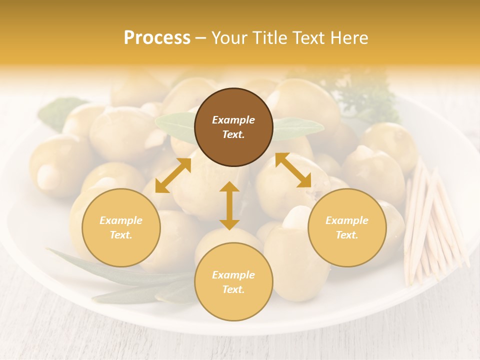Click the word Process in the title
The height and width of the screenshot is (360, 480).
[x=157, y=38]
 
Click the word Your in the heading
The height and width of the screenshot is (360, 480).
[x=230, y=38]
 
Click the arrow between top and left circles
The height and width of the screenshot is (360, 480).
[x=173, y=175]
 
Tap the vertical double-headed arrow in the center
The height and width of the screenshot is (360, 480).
[x=229, y=205]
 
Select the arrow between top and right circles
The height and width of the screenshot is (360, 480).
[x=293, y=170]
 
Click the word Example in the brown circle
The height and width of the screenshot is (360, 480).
[x=233, y=120]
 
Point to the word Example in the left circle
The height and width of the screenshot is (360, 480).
[x=121, y=220]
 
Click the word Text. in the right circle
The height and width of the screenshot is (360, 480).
[x=347, y=235]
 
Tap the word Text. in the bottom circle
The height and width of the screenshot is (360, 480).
[x=233, y=289]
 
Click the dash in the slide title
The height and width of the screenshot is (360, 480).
[x=201, y=38]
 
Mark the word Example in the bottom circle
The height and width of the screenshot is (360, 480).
[x=233, y=275]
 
